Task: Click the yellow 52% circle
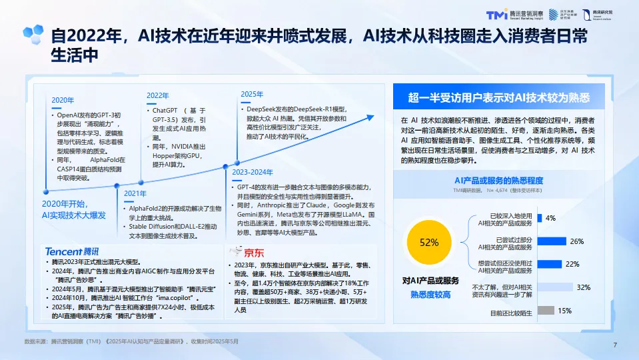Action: [429, 242]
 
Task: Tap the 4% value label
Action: [551, 218]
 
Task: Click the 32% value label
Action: [584, 287]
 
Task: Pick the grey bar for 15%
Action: [546, 311]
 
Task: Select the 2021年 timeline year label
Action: [135, 193]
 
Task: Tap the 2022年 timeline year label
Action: [158, 95]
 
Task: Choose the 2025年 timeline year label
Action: [252, 94]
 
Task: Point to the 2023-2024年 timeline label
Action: [253, 172]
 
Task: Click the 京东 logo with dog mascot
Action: [247, 252]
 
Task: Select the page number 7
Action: [614, 345]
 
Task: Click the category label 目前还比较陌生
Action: [511, 312]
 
